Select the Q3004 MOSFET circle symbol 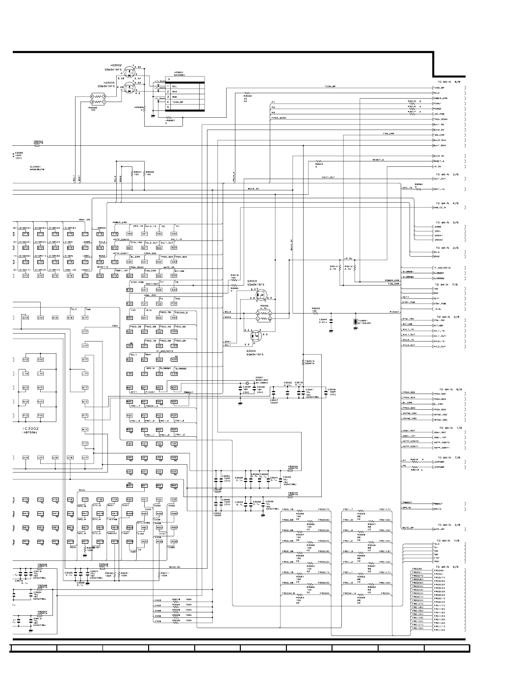(x=256, y=337)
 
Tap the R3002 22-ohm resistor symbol (x=248, y=93)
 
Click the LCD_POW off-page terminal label (x=438, y=114)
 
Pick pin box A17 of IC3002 (x=85, y=234)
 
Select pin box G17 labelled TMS (x=85, y=317)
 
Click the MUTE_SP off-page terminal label (x=439, y=529)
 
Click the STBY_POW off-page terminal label (x=439, y=304)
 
